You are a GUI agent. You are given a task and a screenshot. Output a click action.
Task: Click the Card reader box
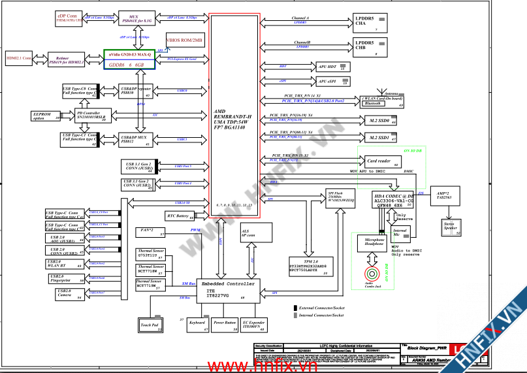coord(379,160)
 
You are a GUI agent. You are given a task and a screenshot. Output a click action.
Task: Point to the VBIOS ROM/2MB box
coord(185,41)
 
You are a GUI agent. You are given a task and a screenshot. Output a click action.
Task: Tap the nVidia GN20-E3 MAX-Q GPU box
coord(129,59)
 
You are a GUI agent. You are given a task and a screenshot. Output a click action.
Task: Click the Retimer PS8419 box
coord(66,59)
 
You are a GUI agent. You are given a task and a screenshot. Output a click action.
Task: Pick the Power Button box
coord(225,324)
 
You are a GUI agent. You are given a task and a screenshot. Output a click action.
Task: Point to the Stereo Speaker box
coord(449,227)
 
